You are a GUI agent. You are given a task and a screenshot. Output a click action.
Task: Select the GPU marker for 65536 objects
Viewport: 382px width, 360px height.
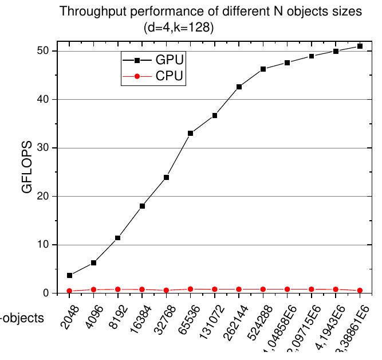pos(190,133)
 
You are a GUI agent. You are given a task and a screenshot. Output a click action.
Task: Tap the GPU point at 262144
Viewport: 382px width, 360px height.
pos(239,87)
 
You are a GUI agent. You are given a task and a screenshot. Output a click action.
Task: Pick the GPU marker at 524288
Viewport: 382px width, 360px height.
pos(263,69)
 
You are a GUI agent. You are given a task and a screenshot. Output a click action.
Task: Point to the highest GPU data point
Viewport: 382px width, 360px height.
pos(360,46)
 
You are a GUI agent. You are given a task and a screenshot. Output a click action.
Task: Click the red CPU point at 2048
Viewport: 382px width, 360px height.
pos(69,291)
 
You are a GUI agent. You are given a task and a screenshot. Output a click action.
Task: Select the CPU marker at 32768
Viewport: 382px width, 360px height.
pos(166,291)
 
